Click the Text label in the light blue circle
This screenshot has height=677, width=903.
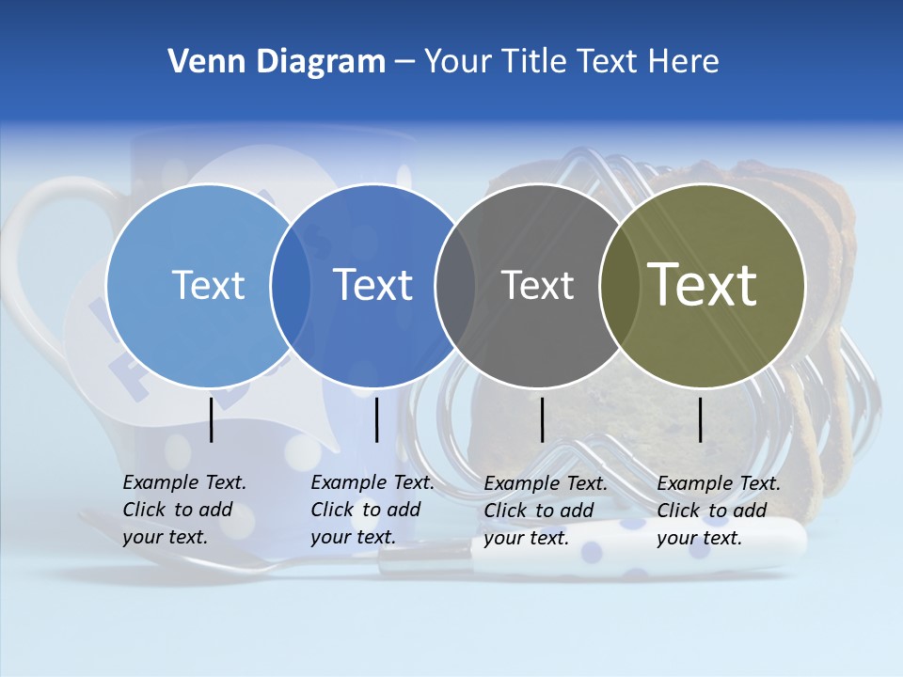208,285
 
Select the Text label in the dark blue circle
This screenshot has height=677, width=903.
373,285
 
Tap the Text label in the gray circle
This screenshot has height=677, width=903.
537,285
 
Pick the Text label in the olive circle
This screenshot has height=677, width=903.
703,285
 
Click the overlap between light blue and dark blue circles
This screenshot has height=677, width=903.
291,285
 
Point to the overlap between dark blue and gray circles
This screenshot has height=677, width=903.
455,285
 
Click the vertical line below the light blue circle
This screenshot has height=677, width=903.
212,419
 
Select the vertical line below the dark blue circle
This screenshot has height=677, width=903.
377,419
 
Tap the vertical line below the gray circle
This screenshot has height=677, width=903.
543,419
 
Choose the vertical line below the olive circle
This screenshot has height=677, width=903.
701,419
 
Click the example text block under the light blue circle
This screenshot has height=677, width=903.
183,510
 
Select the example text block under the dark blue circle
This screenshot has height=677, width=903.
372,510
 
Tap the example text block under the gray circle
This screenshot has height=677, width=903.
545,511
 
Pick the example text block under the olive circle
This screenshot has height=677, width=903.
718,511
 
